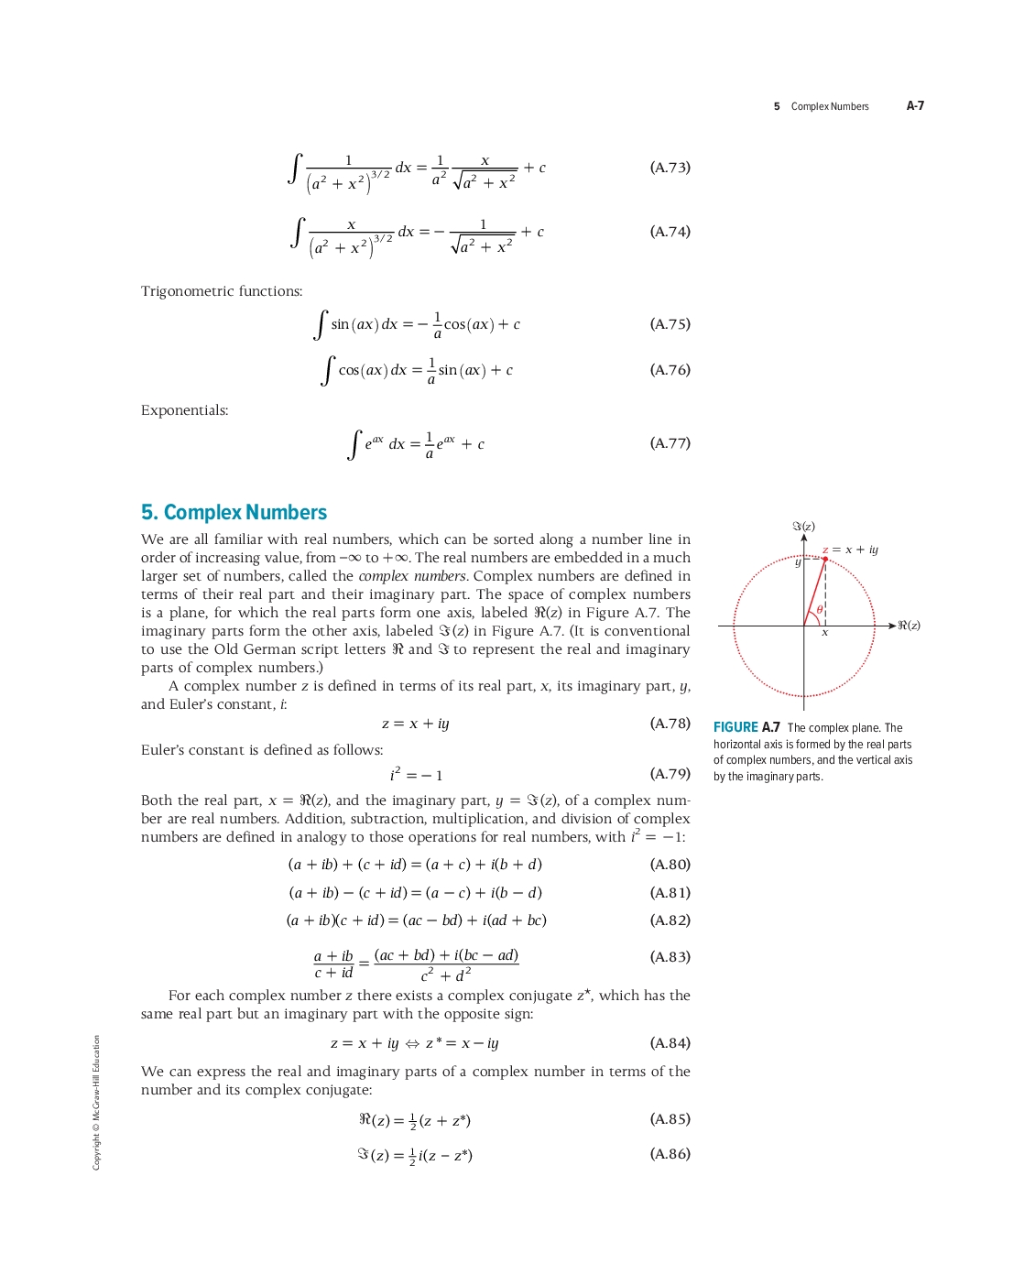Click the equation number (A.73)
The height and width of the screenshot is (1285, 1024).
[670, 168]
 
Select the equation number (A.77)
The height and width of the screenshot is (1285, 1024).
[670, 443]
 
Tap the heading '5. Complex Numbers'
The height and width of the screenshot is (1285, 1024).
[234, 513]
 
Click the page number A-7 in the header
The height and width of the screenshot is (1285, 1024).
[915, 106]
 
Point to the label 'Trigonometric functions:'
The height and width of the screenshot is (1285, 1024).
[222, 291]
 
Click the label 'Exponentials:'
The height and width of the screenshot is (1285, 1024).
[184, 410]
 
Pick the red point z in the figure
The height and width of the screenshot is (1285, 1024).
[825, 559]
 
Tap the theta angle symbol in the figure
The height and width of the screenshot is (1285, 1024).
[820, 609]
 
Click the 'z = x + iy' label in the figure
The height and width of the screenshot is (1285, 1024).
[851, 550]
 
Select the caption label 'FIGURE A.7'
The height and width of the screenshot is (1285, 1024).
[746, 727]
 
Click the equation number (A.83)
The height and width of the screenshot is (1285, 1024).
[670, 957]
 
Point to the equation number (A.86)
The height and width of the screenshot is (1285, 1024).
[670, 1154]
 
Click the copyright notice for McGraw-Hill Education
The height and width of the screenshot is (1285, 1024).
[96, 1103]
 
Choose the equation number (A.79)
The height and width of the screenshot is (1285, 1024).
[670, 774]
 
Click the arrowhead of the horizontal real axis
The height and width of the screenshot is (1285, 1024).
[892, 626]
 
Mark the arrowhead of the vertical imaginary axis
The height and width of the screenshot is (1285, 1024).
[804, 538]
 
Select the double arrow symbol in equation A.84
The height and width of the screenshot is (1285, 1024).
[412, 1043]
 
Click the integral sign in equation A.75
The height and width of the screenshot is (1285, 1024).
[321, 324]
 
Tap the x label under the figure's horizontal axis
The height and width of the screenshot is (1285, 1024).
[824, 633]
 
